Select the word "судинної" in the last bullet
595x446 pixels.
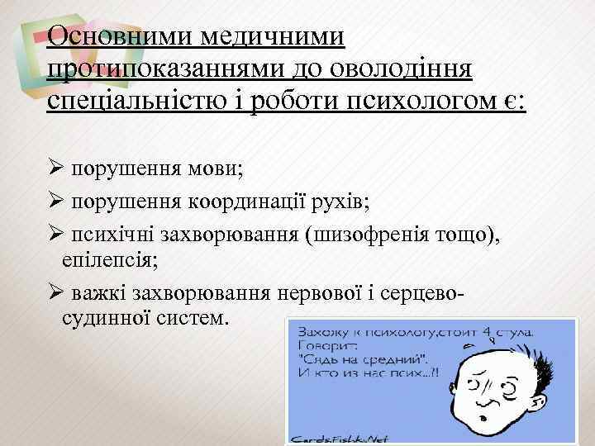pos(105,317)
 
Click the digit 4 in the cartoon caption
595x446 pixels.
pos(489,334)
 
